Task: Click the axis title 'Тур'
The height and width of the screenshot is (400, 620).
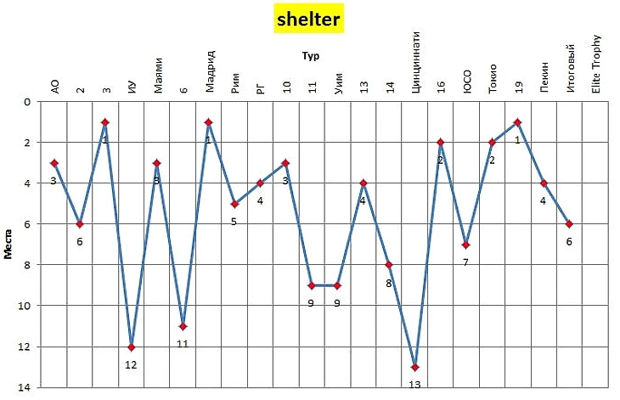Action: point(309,56)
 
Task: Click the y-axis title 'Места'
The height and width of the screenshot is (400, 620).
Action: point(8,244)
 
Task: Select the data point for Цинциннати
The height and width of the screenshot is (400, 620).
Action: point(414,367)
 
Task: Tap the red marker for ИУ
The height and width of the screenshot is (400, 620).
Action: point(131,346)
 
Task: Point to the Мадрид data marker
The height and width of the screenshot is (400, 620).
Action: point(208,122)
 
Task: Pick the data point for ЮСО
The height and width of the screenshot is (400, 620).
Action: point(466,245)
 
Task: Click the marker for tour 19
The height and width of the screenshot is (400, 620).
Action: point(517,122)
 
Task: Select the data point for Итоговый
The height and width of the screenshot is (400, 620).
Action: point(569,224)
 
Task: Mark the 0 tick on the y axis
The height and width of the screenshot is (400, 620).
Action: point(27,102)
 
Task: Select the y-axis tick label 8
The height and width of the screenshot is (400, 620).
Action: point(27,265)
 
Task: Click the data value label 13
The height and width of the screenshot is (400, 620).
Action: point(414,385)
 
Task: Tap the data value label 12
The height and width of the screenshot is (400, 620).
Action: point(131,364)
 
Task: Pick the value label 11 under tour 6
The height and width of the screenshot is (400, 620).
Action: point(183,343)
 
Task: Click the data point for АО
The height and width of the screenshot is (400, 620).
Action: point(54,163)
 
